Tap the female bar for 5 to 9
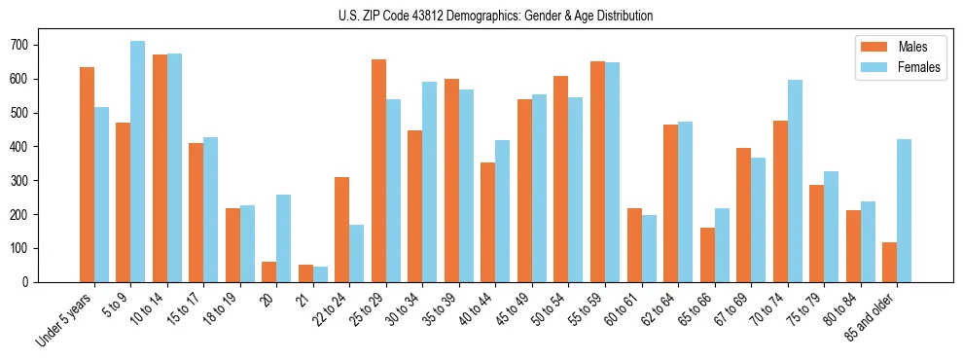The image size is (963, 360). [x=138, y=162]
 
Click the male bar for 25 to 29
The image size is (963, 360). [x=378, y=170]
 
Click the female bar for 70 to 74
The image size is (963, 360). [x=795, y=181]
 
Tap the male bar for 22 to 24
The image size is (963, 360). [x=341, y=230]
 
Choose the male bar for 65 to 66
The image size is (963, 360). [x=707, y=255]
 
